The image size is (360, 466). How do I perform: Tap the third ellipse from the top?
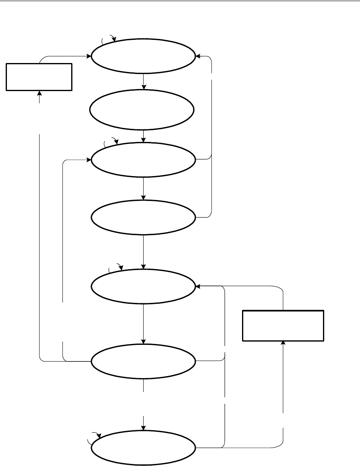143,159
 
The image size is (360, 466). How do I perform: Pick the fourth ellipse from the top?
143,217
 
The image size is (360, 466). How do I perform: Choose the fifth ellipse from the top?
143,286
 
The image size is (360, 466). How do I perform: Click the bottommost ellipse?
143,448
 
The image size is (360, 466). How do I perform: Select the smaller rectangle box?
39,76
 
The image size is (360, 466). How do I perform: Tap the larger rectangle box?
283,325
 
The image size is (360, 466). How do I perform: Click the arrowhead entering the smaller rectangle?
39,93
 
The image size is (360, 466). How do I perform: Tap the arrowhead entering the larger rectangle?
283,343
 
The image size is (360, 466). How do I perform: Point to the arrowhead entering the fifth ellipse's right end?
198,286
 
